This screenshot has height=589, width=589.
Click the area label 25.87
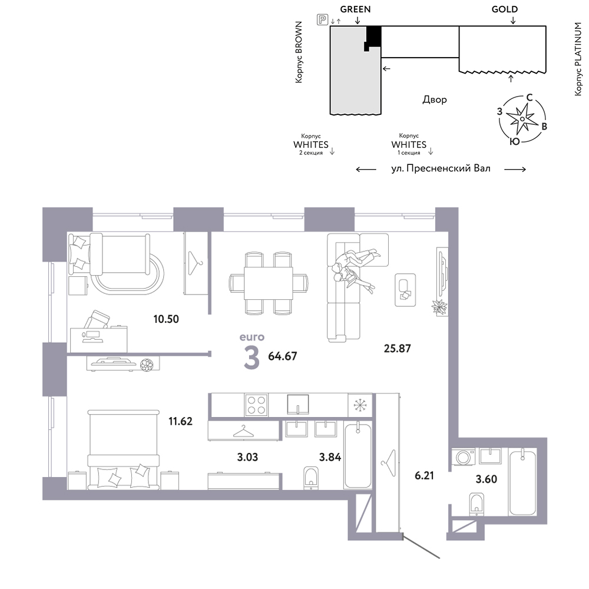tap(397, 348)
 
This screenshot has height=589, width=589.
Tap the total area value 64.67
tap(283, 356)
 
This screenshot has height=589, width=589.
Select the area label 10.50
tap(166, 319)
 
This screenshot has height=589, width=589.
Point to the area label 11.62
tap(180, 421)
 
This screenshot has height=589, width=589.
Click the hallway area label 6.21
tap(424, 475)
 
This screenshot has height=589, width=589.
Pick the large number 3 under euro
tap(252, 358)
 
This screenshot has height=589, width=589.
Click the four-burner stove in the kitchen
tap(256, 405)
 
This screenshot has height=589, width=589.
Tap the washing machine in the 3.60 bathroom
tap(463, 457)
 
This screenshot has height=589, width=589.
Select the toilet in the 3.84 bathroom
tap(310, 478)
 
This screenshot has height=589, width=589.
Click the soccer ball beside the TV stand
tap(147, 365)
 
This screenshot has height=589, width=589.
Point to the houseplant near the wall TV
tap(439, 306)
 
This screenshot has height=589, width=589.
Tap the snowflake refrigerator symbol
tap(360, 405)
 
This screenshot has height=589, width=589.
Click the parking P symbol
tap(322, 19)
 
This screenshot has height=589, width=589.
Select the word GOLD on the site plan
tap(505, 9)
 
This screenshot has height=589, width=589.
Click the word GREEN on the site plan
tap(355, 9)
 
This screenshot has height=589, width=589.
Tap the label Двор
tap(435, 100)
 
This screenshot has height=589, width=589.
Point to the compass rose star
tap(522, 119)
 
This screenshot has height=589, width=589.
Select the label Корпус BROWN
tap(299, 52)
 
